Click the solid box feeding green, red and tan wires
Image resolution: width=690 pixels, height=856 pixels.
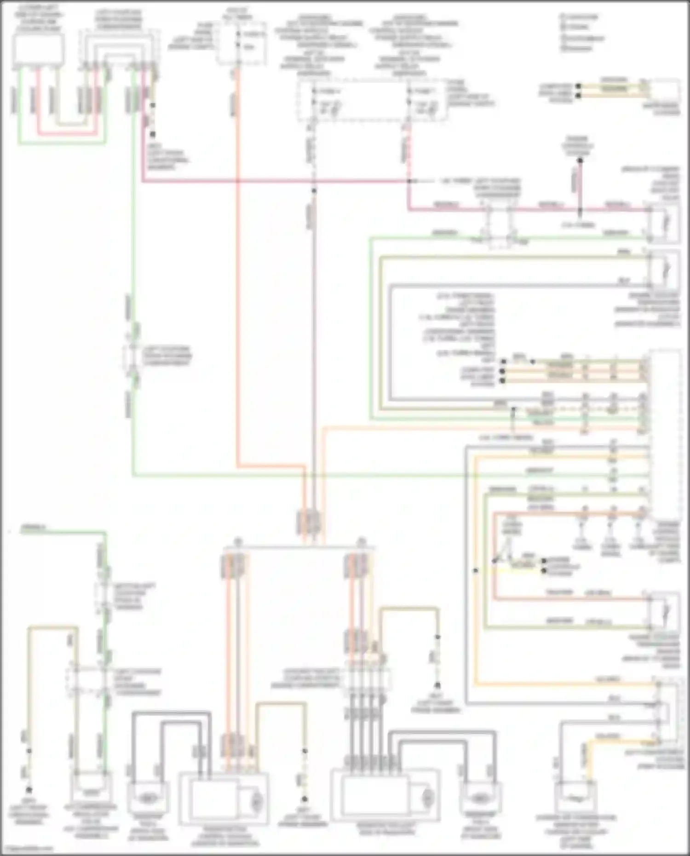point(39,49)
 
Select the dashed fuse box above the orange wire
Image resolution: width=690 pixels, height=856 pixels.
point(242,42)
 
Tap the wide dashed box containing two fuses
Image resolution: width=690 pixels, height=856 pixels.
point(372,101)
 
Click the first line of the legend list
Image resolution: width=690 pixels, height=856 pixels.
point(581,17)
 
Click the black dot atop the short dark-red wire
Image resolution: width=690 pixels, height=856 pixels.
point(580,161)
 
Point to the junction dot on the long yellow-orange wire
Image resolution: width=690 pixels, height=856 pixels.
point(476,570)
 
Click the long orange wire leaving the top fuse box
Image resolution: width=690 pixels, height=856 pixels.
point(239,276)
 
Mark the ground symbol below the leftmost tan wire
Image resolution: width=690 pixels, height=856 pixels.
point(29,790)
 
